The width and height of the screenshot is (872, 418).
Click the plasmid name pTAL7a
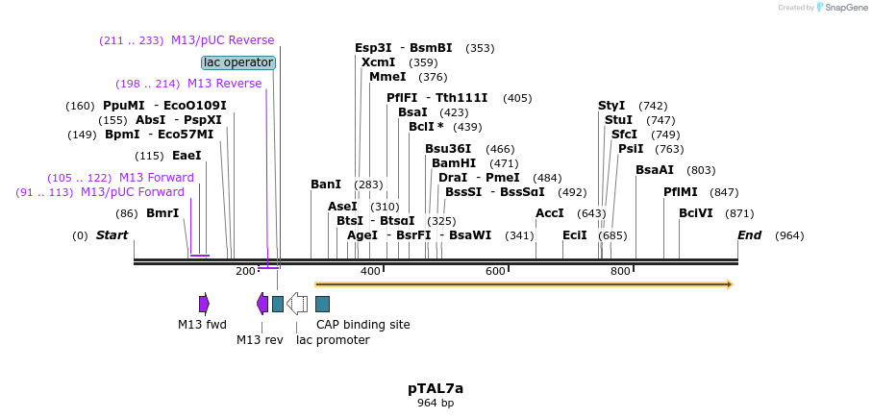(435, 388)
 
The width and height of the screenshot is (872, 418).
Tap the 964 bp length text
(435, 404)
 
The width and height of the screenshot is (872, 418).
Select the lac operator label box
(238, 62)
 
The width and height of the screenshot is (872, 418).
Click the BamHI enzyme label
(454, 163)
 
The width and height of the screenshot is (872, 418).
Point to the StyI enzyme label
(611, 106)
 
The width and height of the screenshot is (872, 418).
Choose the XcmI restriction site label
(378, 62)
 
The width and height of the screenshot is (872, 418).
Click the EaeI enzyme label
(187, 156)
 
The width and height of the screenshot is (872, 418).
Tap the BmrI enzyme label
(162, 213)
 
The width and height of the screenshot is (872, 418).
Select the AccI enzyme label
(549, 213)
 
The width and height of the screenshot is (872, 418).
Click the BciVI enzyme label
(696, 213)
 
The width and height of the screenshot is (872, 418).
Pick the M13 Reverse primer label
(224, 84)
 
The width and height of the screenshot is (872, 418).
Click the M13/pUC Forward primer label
(133, 192)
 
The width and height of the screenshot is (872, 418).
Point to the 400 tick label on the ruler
(370, 272)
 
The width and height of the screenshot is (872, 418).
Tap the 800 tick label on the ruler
(620, 272)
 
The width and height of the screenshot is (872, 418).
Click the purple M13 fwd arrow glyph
(204, 304)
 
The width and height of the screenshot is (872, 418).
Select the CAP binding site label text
(362, 325)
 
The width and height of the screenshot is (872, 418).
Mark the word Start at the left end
(112, 235)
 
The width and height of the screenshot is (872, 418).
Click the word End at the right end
(749, 235)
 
